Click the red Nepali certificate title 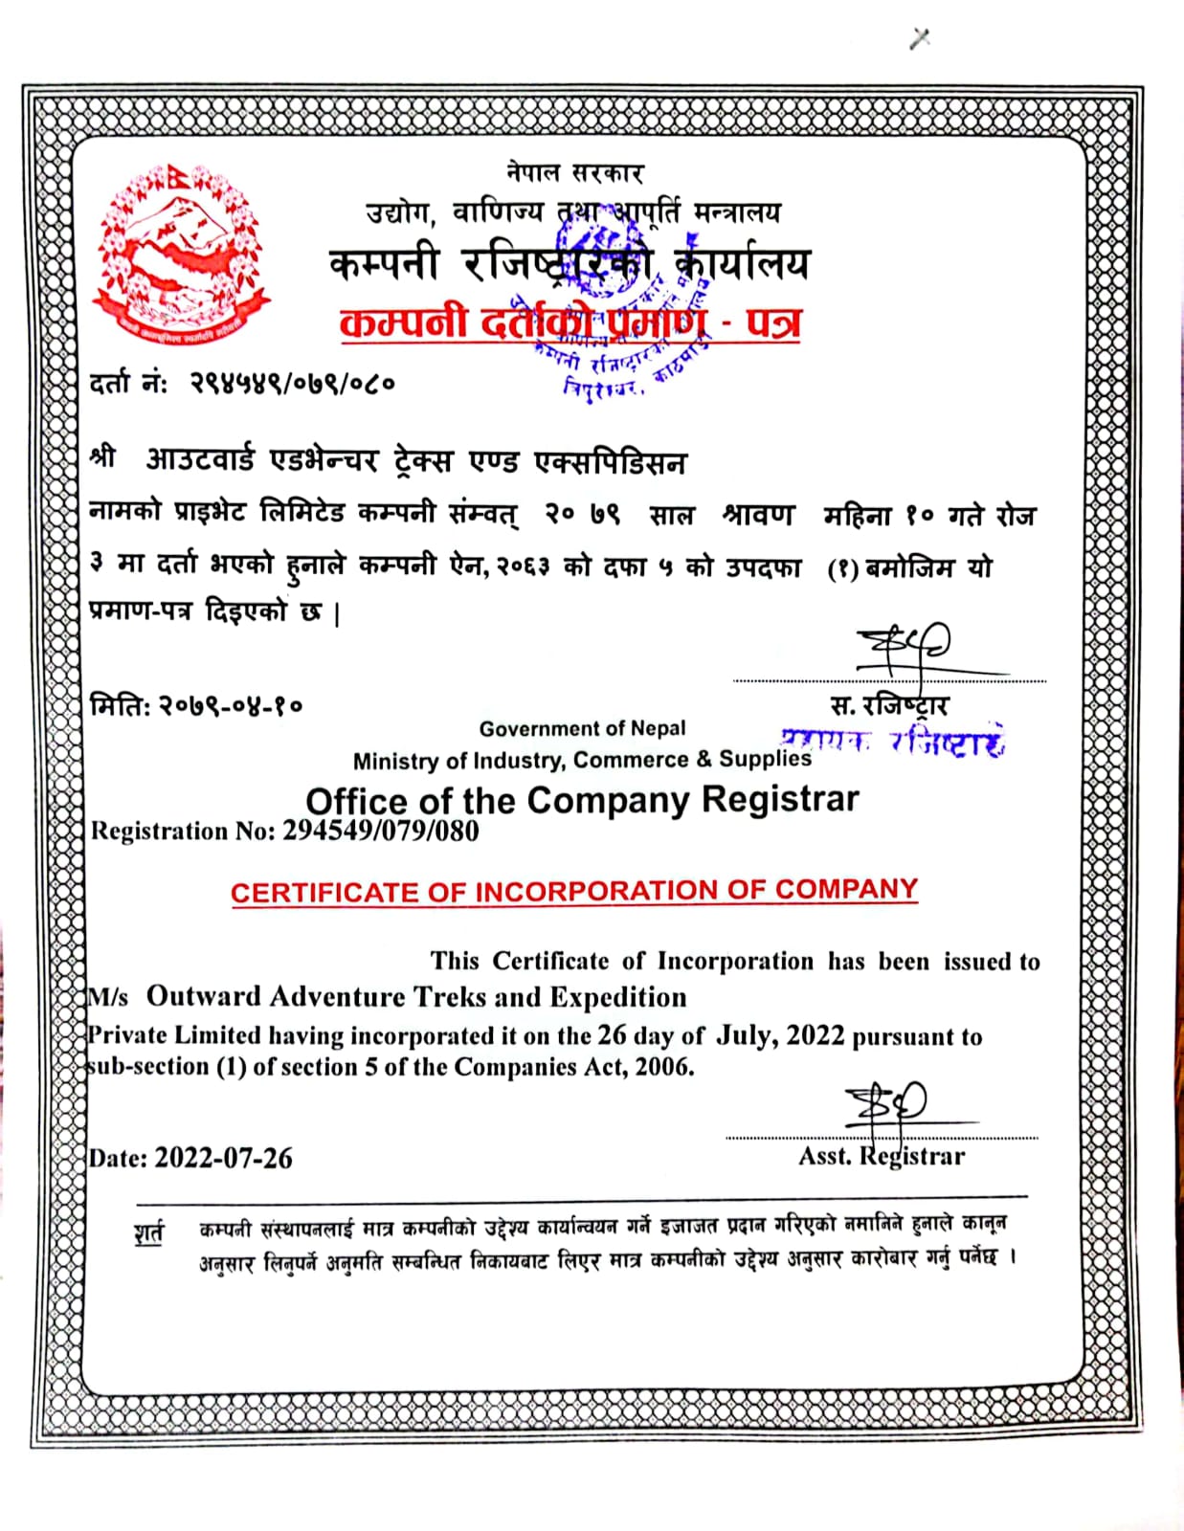[x=570, y=322]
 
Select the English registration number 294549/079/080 [x=380, y=831]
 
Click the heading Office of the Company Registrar [x=582, y=800]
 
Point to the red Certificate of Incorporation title [x=574, y=891]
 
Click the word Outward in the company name [x=204, y=997]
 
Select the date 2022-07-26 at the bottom [x=223, y=1158]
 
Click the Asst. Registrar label [x=882, y=1156]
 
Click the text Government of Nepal [x=582, y=729]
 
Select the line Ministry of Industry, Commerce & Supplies [x=582, y=760]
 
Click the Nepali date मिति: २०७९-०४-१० [x=196, y=706]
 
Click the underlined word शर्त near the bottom [x=148, y=1231]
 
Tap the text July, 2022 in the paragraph [x=781, y=1035]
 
